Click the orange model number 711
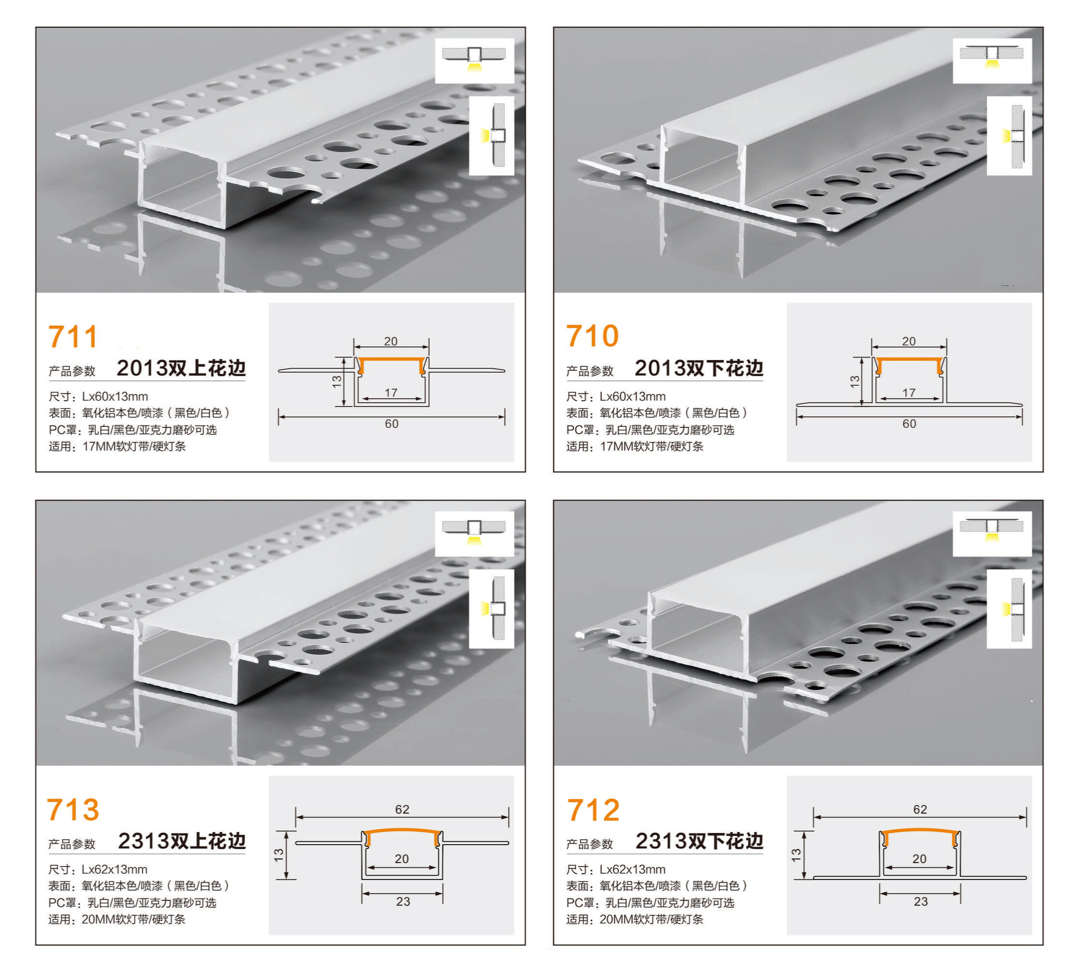(73, 337)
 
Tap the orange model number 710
(592, 336)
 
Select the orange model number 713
(73, 810)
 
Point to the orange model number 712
(593, 810)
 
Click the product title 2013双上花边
(181, 368)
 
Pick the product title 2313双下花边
(699, 841)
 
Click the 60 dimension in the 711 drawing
(391, 424)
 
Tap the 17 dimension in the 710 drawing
(909, 393)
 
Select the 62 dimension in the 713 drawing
(402, 809)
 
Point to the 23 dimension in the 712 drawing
(920, 902)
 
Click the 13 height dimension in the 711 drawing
(337, 381)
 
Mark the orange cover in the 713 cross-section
(402, 831)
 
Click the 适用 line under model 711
(117, 446)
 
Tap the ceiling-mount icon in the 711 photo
(474, 60)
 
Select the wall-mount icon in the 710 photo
(1009, 136)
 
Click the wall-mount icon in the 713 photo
(491, 609)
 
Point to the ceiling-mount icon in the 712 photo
(992, 533)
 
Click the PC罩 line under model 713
(132, 903)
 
